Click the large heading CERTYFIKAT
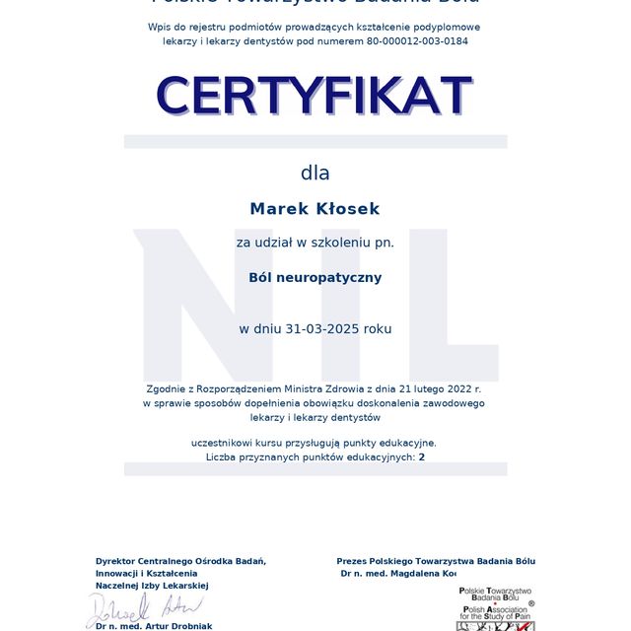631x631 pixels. [x=315, y=96]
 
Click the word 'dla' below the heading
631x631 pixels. [x=315, y=174]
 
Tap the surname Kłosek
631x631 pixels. [x=346, y=209]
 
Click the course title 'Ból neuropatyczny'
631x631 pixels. [x=315, y=278]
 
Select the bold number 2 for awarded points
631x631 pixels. [x=422, y=457]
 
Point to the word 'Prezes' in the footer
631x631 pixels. [x=355, y=561]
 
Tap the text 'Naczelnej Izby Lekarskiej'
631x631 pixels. [x=152, y=586]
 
